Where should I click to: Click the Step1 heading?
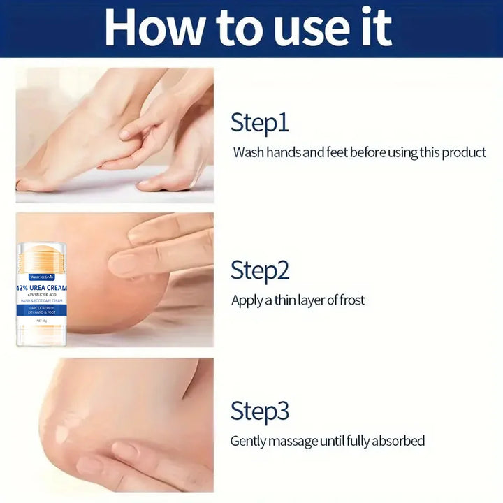coord(259,123)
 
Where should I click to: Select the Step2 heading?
coord(260,270)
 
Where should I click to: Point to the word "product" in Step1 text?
coord(463,152)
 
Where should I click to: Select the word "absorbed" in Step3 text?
coord(398,441)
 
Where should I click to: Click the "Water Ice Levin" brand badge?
coord(41,277)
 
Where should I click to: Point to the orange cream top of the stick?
coord(41,254)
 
